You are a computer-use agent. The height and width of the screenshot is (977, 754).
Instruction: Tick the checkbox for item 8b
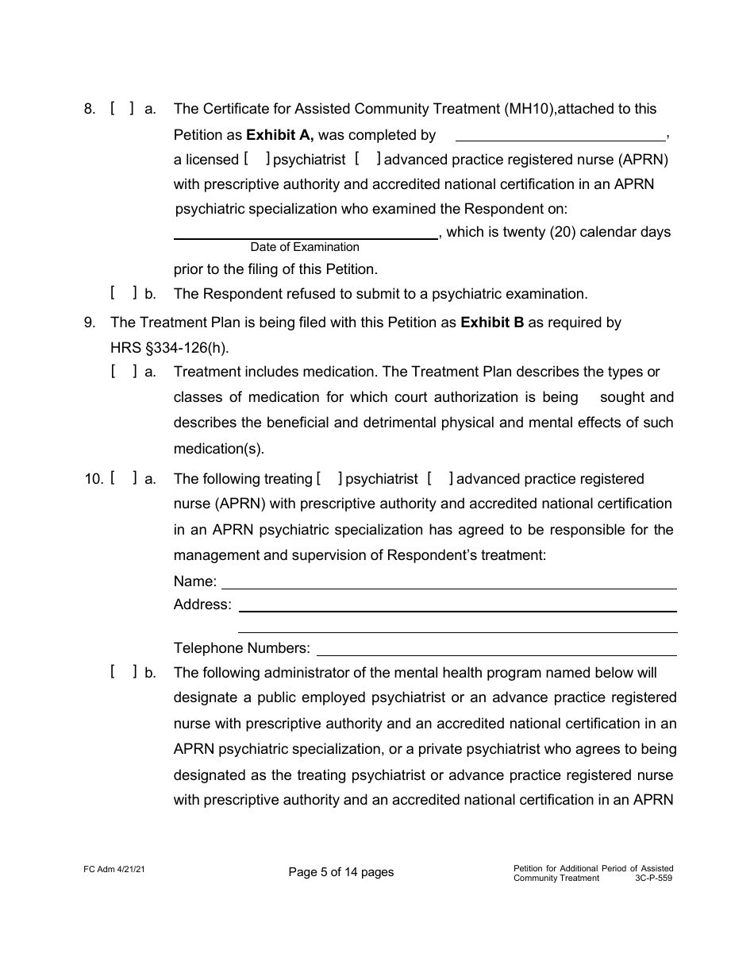click(123, 293)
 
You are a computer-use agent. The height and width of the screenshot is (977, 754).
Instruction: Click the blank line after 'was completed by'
click(560, 137)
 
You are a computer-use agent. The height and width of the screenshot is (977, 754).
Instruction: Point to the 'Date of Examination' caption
click(305, 247)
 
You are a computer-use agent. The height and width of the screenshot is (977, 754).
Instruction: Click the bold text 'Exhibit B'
click(492, 322)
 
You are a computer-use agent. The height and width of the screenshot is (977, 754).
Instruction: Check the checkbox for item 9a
click(123, 371)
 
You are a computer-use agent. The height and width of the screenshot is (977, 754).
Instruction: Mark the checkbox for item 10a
click(123, 478)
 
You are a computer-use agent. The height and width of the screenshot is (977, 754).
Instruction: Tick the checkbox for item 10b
click(123, 672)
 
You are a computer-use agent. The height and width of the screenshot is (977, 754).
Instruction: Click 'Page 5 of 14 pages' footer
click(341, 872)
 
